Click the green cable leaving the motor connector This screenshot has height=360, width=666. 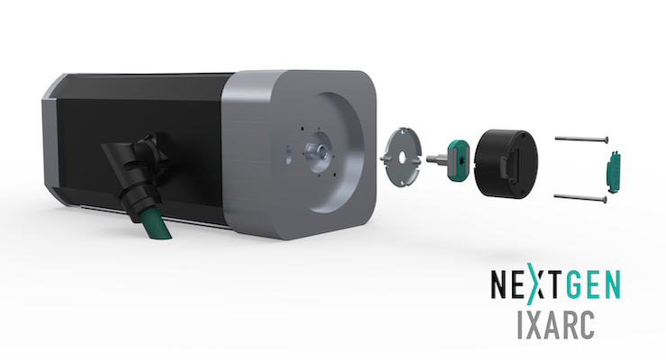click(x=157, y=225)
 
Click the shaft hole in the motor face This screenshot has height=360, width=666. click(x=322, y=150)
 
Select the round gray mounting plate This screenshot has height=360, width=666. click(x=401, y=156)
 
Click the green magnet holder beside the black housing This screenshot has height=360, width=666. click(x=458, y=160)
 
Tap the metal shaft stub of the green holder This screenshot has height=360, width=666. click(x=436, y=158)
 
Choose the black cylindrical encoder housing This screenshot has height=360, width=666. click(x=506, y=163)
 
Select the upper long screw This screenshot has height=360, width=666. click(x=581, y=139)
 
